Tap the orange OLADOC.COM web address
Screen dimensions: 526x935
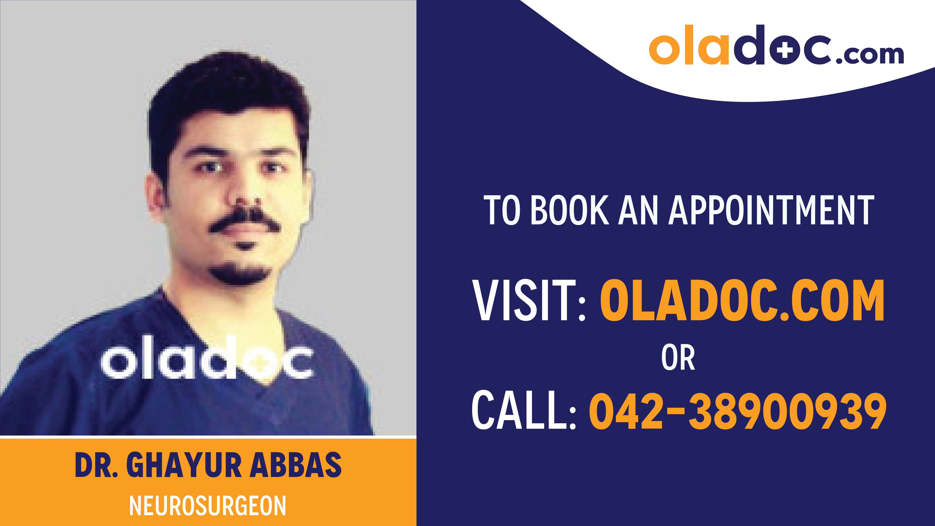coord(742,301)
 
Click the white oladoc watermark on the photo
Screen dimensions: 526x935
coord(207,358)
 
